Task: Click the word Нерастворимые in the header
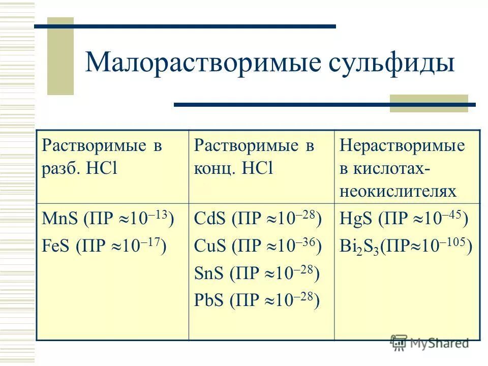click(402, 146)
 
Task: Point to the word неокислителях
click(398, 191)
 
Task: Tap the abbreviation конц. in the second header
click(213, 168)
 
